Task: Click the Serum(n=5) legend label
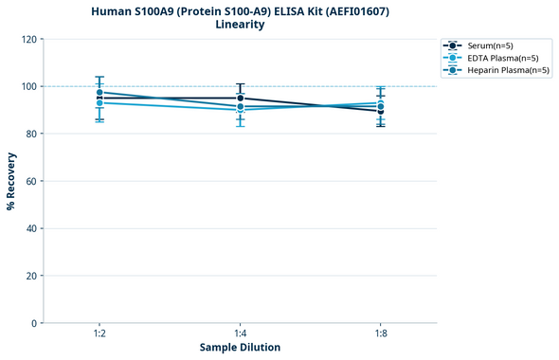491,45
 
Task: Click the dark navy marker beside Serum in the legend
454,45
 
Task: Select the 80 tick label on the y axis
31,134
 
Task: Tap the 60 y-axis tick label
31,181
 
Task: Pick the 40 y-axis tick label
31,228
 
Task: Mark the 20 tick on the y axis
31,276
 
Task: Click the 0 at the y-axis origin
34,323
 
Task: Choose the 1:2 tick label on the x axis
99,333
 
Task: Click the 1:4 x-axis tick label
240,333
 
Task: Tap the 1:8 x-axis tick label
380,333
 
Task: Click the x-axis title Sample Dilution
240,348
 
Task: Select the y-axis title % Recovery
11,181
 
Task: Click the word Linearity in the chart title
240,25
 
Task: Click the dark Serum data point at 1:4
240,98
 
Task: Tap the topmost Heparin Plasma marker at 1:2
99,93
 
